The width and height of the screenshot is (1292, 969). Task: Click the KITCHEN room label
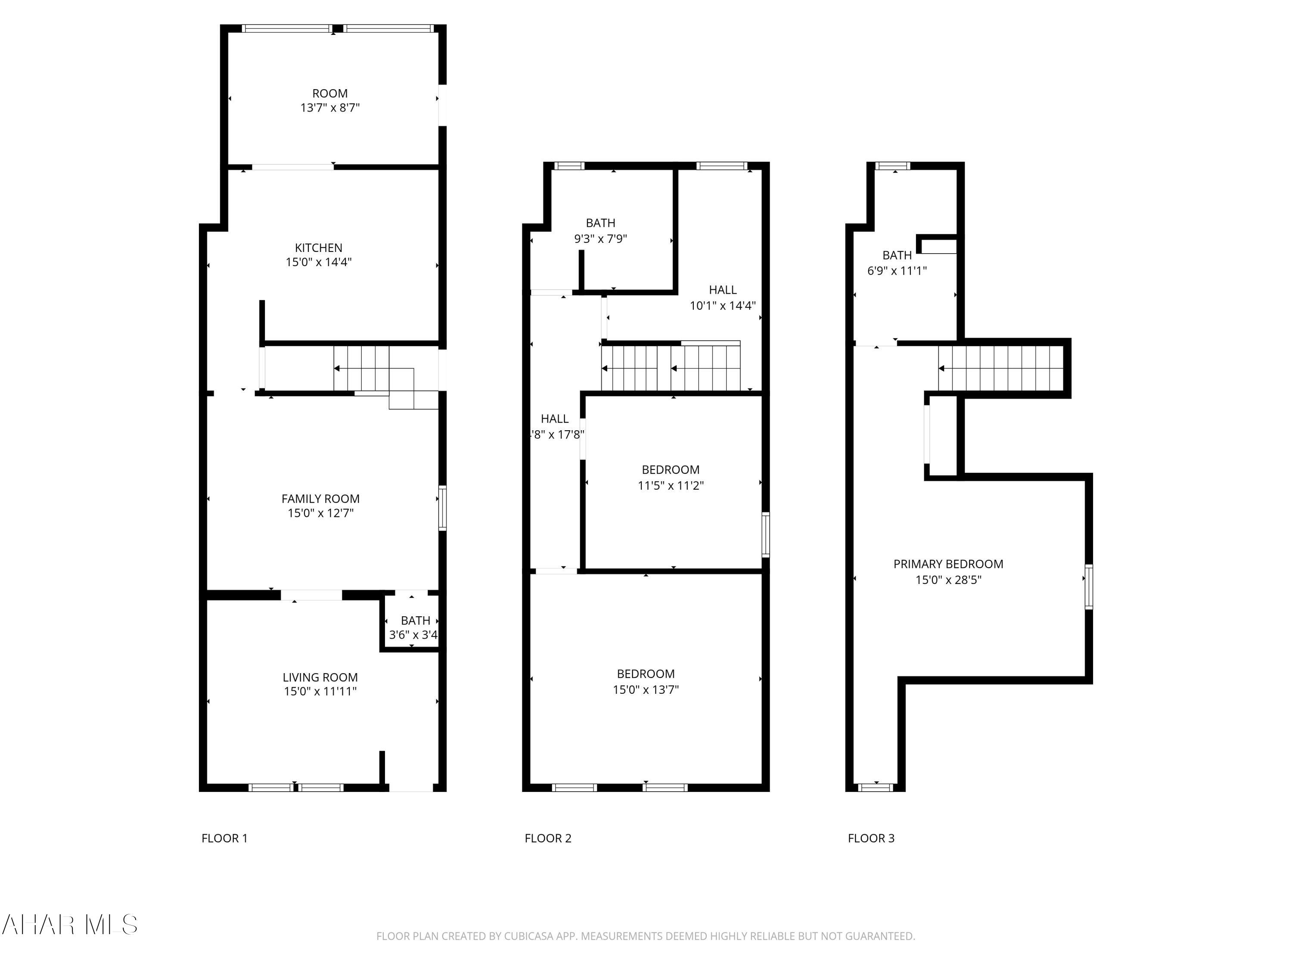(x=318, y=248)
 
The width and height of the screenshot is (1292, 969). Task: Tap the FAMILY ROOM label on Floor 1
(x=320, y=499)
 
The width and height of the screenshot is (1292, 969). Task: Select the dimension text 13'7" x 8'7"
(x=330, y=108)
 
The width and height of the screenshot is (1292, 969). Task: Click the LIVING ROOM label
(x=320, y=677)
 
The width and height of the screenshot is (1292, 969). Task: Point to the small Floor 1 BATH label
(x=415, y=621)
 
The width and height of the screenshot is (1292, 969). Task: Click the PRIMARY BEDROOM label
(x=948, y=564)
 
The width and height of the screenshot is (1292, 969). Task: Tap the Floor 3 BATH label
(x=897, y=255)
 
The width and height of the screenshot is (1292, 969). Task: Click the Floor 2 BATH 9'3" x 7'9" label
(x=600, y=223)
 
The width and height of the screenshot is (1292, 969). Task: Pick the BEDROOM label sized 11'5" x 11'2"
(x=671, y=469)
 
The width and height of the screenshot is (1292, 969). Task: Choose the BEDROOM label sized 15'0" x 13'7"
(x=646, y=674)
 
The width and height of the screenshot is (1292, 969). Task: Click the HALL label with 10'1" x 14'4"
(x=723, y=290)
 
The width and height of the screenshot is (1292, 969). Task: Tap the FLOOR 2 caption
(x=548, y=838)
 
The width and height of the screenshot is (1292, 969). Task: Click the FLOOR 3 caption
(x=871, y=838)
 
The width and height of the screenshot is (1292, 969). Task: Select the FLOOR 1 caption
(x=224, y=838)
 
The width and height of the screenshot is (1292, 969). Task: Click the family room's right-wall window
(x=443, y=508)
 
